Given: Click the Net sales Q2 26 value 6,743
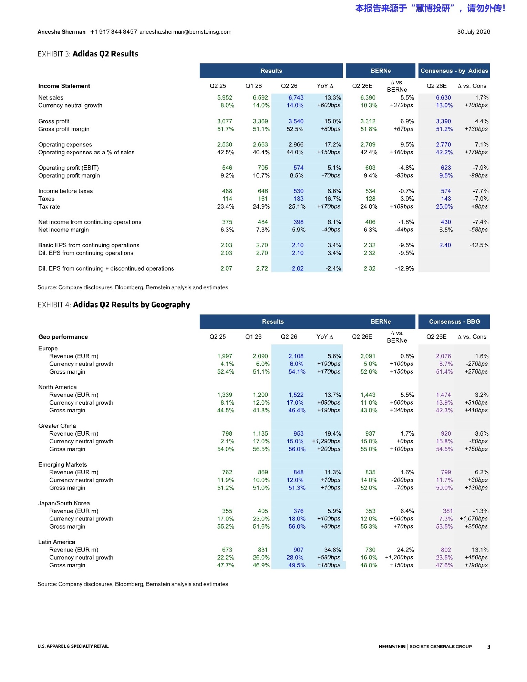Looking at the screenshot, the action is [x=296, y=98].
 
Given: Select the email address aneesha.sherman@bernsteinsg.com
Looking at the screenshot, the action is [x=185, y=32].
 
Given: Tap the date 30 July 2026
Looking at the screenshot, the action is [x=474, y=32].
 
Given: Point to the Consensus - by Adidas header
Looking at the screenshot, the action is [x=454, y=71].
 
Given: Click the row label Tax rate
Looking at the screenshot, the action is [x=49, y=207].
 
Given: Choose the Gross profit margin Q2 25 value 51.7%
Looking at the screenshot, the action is [x=226, y=129].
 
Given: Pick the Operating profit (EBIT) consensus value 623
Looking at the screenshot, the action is [x=446, y=168].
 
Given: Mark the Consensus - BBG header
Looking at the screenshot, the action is [x=454, y=322].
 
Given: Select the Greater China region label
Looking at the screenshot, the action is [x=57, y=426].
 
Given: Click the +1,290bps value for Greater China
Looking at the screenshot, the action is [x=326, y=442].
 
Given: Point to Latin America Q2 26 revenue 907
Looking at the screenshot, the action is [x=298, y=550].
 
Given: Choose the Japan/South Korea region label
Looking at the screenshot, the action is [x=64, y=504].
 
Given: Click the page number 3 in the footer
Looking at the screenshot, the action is [x=488, y=647].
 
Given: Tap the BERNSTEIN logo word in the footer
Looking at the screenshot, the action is [x=392, y=647].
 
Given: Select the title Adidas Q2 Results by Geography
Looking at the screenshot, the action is [x=132, y=305].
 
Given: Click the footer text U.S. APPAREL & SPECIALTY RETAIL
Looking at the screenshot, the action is [x=73, y=647].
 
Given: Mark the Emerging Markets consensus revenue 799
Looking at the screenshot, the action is [x=446, y=473].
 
